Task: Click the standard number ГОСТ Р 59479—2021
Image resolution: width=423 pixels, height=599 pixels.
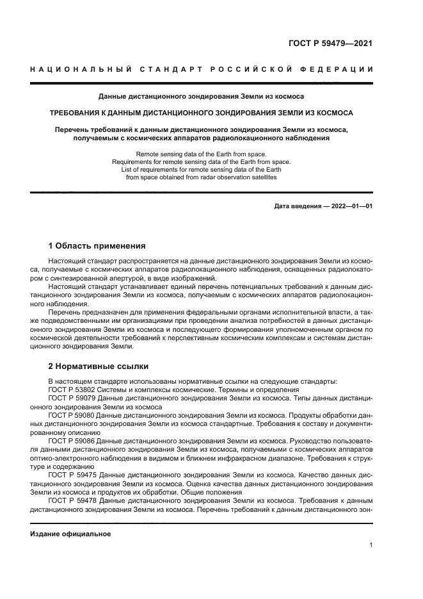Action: tap(330, 44)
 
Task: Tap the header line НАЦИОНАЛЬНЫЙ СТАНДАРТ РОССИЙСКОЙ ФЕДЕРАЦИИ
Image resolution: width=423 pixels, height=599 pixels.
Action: tap(201, 69)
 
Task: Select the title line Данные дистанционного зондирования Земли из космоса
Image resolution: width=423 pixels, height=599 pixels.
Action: tap(201, 96)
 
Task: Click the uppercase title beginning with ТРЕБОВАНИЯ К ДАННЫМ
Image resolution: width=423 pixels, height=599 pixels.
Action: tap(201, 113)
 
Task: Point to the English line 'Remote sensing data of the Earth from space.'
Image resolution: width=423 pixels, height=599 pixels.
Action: tap(201, 154)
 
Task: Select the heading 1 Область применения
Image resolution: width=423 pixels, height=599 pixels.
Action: tap(97, 246)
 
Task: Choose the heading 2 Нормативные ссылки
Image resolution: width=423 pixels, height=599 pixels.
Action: tap(99, 366)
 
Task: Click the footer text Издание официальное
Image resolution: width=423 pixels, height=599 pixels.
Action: tap(70, 534)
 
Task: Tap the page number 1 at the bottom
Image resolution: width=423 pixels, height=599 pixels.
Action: tap(371, 545)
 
